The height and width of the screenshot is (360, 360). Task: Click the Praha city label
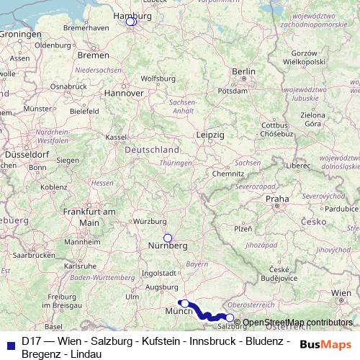(277, 198)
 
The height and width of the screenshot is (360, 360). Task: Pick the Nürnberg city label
(168, 246)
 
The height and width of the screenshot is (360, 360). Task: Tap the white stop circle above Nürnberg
(168, 238)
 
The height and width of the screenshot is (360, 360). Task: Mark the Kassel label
(115, 136)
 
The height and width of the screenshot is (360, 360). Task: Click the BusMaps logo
(327, 344)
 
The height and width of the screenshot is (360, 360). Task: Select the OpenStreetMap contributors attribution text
(298, 323)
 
